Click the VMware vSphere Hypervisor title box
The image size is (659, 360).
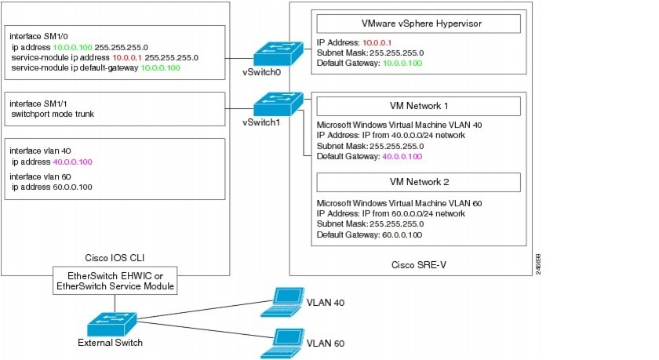tap(417, 24)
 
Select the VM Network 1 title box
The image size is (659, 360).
tap(417, 106)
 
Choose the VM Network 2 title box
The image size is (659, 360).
tap(417, 182)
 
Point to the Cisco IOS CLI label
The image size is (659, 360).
tap(116, 256)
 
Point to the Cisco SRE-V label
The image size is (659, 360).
tap(417, 264)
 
